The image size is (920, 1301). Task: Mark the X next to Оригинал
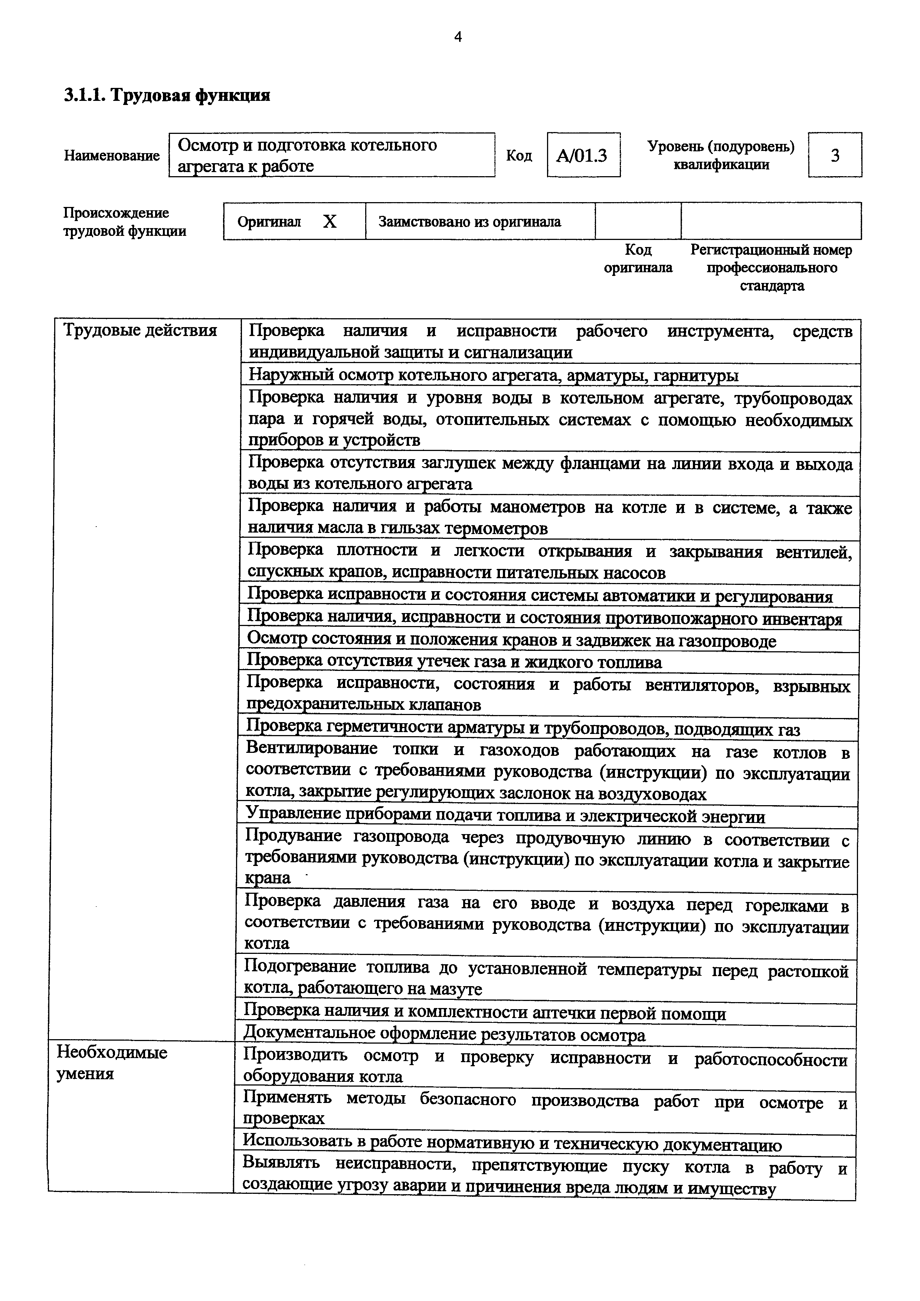[329, 221]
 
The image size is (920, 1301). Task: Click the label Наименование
[112, 155]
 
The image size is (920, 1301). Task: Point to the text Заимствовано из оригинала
[469, 221]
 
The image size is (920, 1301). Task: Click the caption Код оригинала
[638, 258]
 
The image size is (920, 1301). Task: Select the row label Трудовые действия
[140, 330]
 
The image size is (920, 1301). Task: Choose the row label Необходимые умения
[112, 1063]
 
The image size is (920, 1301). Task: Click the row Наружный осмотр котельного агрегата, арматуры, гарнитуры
[493, 375]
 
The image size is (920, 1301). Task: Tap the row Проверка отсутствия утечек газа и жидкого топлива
[454, 662]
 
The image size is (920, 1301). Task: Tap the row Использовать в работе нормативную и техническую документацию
[512, 1144]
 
